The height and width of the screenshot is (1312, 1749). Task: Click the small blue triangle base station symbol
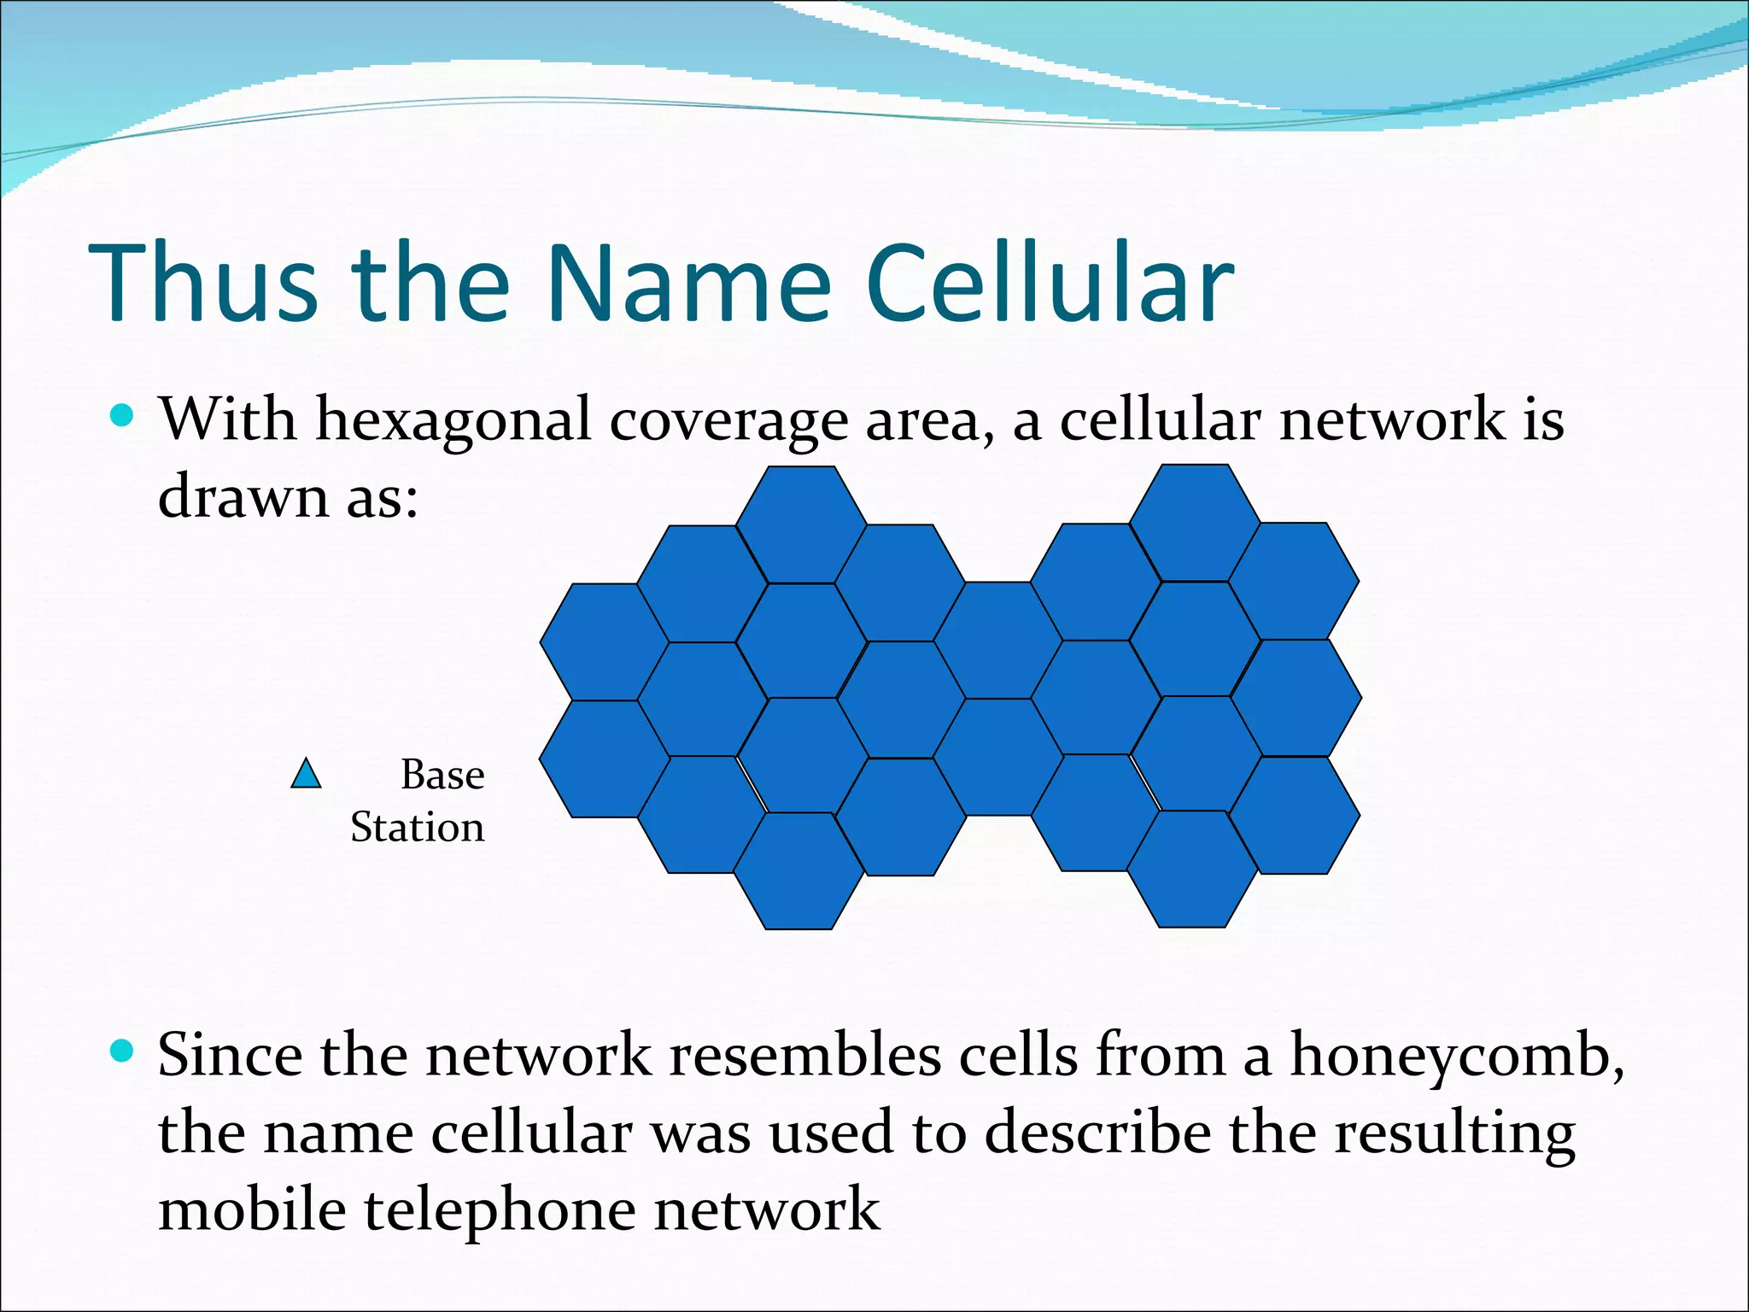(x=306, y=774)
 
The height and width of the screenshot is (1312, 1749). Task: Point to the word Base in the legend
(x=442, y=775)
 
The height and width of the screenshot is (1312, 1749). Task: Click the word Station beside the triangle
(x=417, y=827)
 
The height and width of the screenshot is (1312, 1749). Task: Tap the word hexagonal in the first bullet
(x=453, y=420)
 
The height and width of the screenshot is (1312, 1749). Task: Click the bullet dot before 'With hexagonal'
(x=123, y=416)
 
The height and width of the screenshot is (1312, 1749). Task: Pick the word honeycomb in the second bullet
(x=1455, y=1057)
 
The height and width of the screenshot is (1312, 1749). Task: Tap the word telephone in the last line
(x=500, y=1211)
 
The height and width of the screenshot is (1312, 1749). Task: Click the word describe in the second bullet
(x=1097, y=1133)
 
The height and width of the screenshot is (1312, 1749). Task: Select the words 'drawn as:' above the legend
(x=288, y=496)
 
